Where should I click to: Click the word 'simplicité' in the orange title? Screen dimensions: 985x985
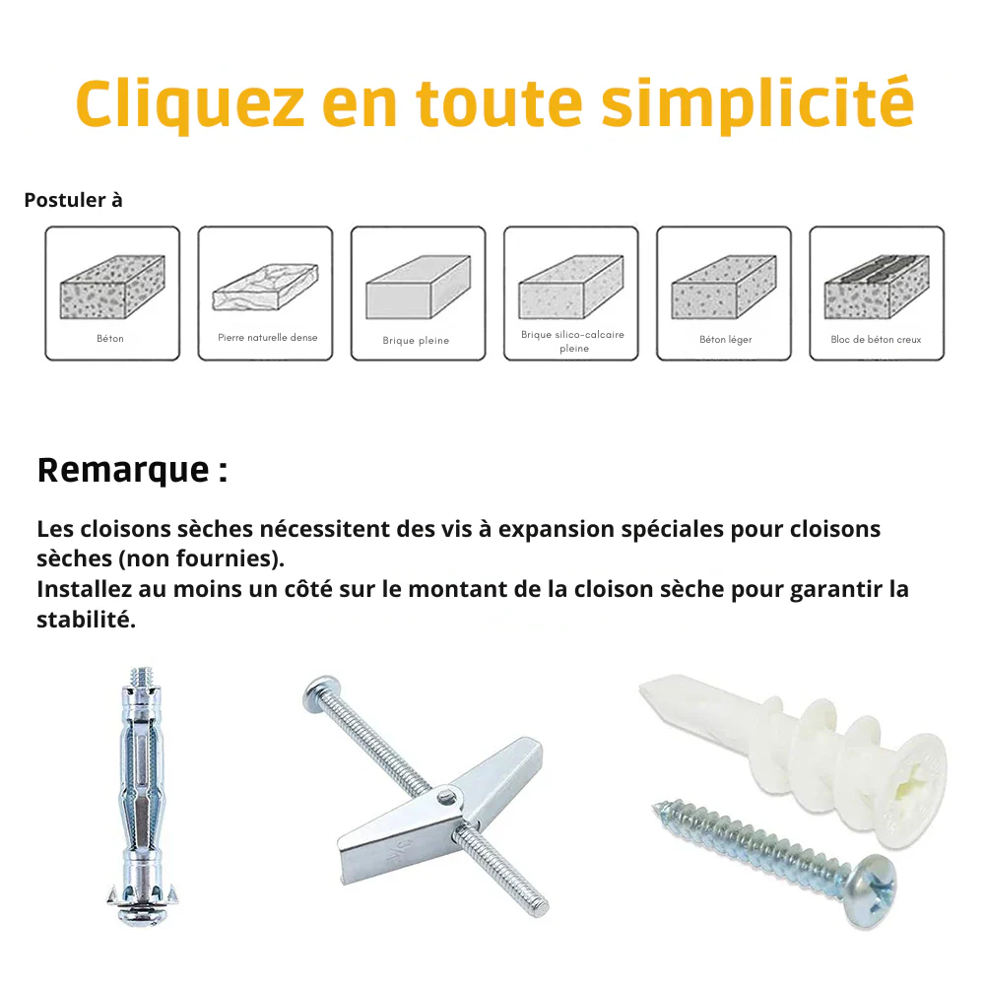[x=757, y=102]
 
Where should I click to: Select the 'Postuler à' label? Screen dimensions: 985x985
[x=73, y=200]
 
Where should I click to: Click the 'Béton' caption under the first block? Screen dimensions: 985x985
[x=110, y=338]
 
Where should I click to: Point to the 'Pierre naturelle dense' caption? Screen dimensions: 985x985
[x=268, y=337]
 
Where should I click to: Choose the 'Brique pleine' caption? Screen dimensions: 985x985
[x=416, y=340]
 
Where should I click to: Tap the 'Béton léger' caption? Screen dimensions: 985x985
[x=726, y=339]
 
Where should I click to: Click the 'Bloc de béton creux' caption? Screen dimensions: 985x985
[x=876, y=339]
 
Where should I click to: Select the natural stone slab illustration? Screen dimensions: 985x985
[x=265, y=287]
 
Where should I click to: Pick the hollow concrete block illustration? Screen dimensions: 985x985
[x=877, y=287]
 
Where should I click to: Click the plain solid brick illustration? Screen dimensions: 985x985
[x=418, y=287]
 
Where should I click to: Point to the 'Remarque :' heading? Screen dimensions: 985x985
[x=132, y=470]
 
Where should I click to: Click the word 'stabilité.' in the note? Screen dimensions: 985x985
[x=86, y=620]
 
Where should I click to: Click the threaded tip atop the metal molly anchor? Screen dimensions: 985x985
[x=141, y=678]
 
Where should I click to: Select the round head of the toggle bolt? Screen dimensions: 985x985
[x=321, y=693]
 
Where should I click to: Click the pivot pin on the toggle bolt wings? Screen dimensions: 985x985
[x=445, y=798]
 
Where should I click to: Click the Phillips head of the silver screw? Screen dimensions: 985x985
[x=871, y=890]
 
